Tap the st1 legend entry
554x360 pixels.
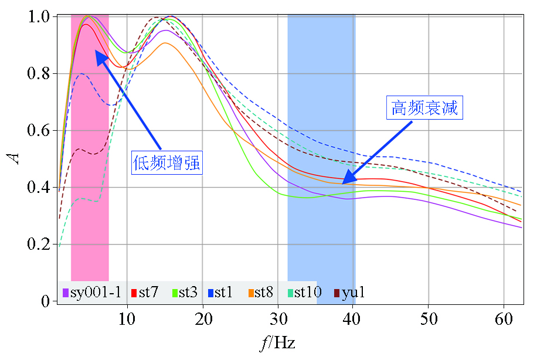click(x=220, y=292)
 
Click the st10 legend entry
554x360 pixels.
click(x=303, y=292)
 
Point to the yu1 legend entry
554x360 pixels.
click(x=349, y=292)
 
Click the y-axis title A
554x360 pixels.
click(x=16, y=158)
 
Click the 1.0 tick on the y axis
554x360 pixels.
click(x=39, y=17)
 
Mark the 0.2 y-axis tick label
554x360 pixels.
click(x=39, y=244)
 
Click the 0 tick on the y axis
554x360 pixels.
click(x=46, y=301)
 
